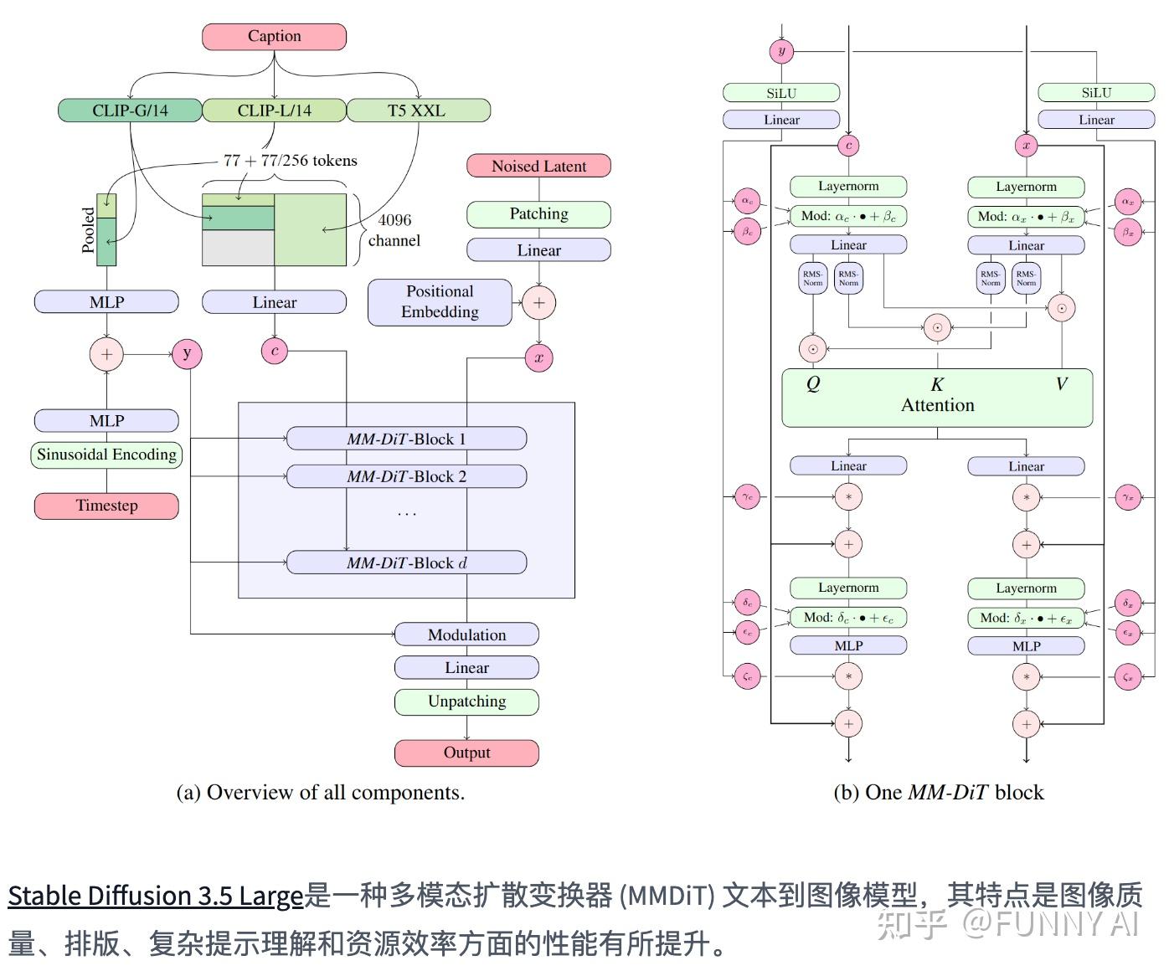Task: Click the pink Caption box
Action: point(274,37)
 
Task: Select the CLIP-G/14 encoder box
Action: point(130,110)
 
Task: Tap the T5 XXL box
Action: point(417,110)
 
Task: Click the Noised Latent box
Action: point(538,166)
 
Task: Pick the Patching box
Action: point(538,214)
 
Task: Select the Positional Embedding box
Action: point(440,302)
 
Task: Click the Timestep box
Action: point(106,506)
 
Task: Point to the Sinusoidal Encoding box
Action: point(106,455)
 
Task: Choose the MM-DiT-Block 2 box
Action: point(406,476)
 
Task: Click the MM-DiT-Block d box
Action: point(406,563)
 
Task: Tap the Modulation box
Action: point(466,634)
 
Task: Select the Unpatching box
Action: point(466,701)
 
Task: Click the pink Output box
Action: point(466,753)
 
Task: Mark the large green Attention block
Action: point(937,398)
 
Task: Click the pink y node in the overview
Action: point(187,353)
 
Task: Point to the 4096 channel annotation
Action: point(394,230)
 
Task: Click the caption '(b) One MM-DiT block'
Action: point(939,793)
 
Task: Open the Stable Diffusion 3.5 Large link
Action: point(155,896)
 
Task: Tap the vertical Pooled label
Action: point(88,229)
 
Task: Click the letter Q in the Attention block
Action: point(813,384)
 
